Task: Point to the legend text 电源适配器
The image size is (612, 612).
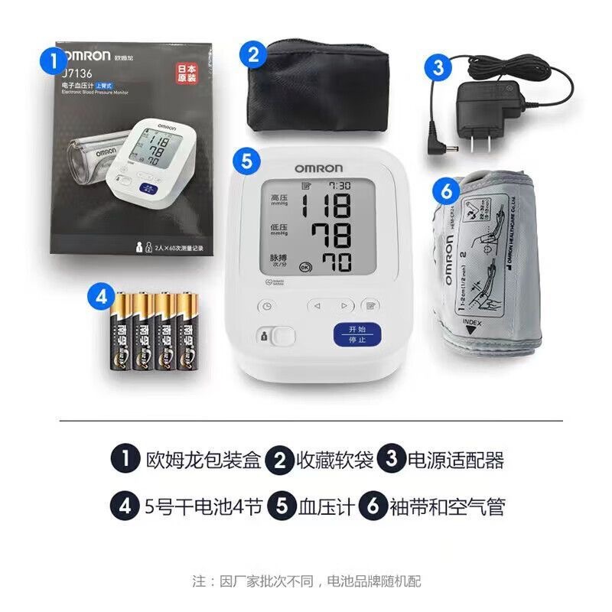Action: coord(455,461)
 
